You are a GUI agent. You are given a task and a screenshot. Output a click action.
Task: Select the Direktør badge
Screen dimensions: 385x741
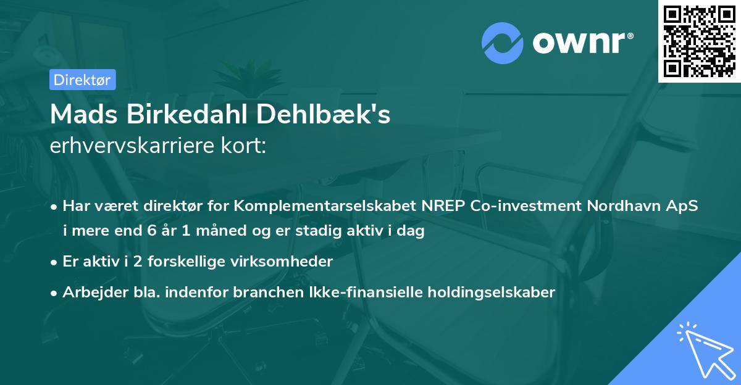point(82,80)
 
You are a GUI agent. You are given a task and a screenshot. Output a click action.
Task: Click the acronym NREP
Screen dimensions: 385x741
point(443,207)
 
